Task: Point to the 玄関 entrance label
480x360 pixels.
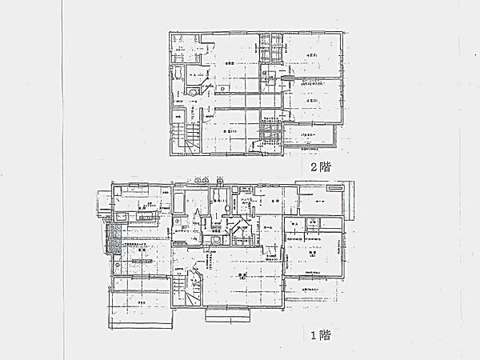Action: pos(274,201)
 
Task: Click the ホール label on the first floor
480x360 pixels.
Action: pos(267,228)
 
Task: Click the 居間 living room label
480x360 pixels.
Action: pos(241,276)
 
